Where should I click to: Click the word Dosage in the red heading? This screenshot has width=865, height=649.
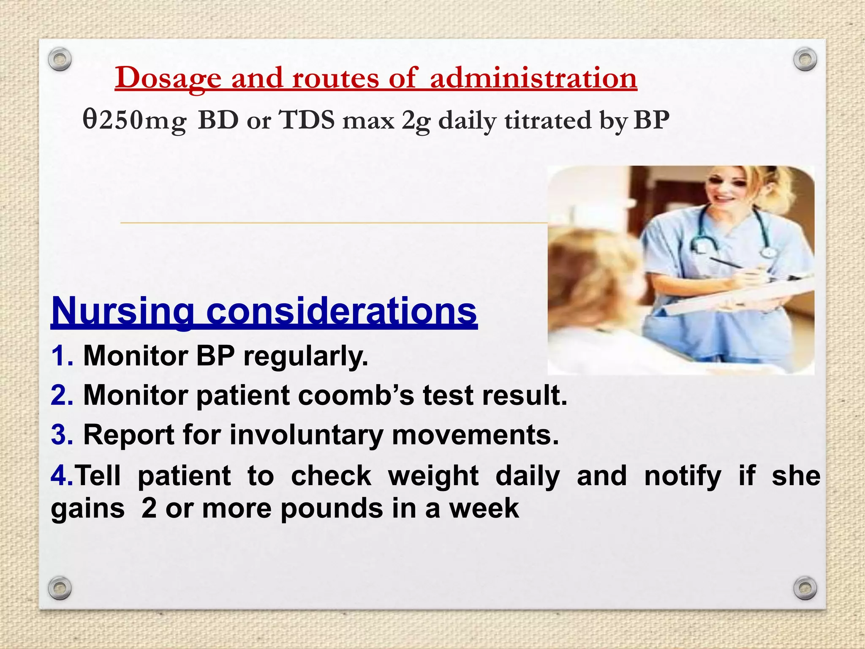pyautogui.click(x=168, y=78)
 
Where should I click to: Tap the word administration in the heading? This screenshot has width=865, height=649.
pyautogui.click(x=533, y=78)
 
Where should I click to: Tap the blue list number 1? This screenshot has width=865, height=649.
pyautogui.click(x=61, y=356)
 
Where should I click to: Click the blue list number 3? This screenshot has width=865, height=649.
pyautogui.click(x=62, y=435)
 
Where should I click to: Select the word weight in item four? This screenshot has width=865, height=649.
pyautogui.click(x=433, y=476)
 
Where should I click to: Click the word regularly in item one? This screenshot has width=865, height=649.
pyautogui.click(x=305, y=356)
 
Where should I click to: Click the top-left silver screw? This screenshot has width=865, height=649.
pyautogui.click(x=60, y=60)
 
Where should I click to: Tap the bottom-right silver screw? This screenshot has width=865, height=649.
pyautogui.click(x=805, y=588)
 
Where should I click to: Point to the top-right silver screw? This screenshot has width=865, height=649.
pyautogui.click(x=805, y=60)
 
